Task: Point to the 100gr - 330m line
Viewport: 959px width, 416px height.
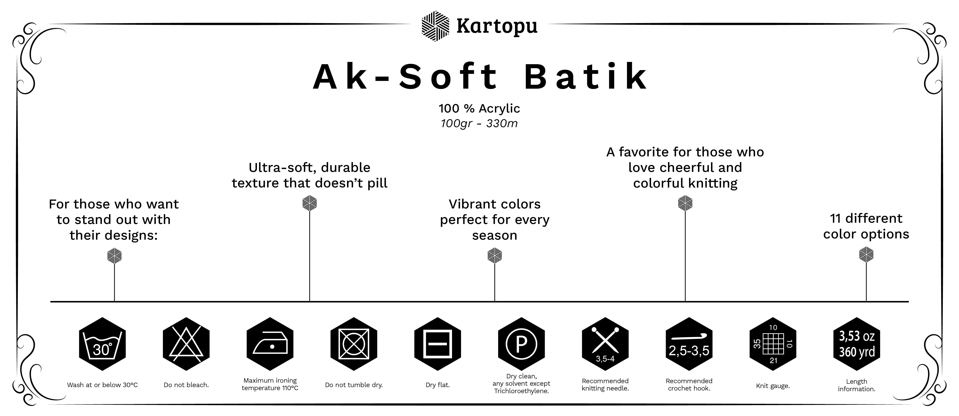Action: pos(479,124)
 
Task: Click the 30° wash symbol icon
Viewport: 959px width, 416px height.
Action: pos(102,344)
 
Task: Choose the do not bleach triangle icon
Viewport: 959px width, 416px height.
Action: pos(186,344)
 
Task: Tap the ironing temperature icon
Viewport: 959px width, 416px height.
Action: pos(270,344)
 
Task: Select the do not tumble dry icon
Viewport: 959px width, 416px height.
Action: pos(354,344)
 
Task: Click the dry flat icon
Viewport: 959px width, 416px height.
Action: pos(437,344)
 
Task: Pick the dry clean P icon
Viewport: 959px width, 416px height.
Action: pos(521,344)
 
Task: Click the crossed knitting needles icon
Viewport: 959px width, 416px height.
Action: pos(605,344)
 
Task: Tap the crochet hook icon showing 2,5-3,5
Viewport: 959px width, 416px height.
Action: pos(689,344)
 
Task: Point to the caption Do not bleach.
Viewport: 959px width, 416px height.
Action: pos(186,385)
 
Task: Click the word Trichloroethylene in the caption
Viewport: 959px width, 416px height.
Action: pos(521,391)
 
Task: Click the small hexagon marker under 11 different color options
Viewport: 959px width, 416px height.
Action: pos(866,255)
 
